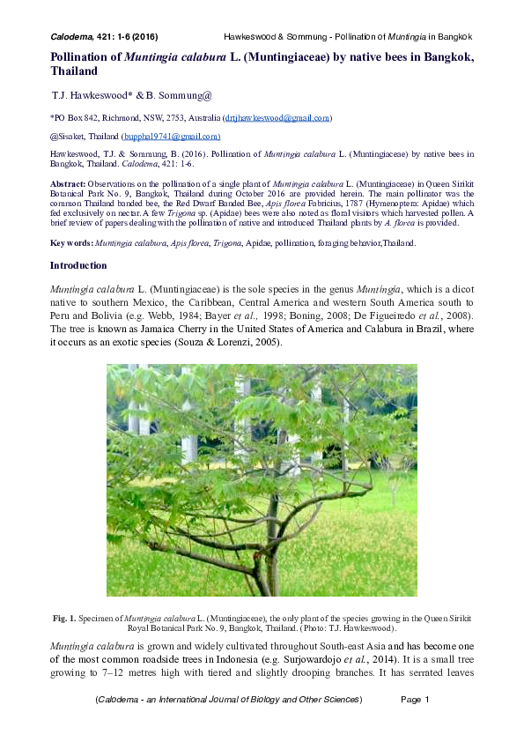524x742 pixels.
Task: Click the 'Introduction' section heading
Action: click(78, 265)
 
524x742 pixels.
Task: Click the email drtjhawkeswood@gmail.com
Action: click(277, 117)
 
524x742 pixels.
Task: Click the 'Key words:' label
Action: click(70, 242)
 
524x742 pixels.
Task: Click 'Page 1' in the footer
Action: click(414, 700)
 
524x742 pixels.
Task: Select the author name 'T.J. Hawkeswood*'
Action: click(90, 93)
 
